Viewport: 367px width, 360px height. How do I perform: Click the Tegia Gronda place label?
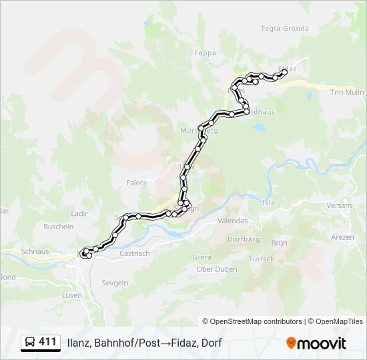pos(285,28)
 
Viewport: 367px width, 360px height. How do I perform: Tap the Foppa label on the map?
pos(205,53)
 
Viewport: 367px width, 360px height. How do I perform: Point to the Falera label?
pos(136,182)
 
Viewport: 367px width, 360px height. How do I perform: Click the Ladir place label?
pos(79,213)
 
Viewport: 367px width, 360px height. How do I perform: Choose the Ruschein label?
pos(59,227)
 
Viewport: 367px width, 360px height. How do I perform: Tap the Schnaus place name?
pos(35,251)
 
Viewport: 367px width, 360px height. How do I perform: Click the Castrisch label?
pos(134,253)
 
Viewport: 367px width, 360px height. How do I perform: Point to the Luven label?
pos(71,295)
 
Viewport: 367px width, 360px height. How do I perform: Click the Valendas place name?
pos(233,221)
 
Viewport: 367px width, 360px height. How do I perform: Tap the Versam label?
pos(340,205)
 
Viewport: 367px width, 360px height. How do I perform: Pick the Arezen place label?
pos(342,237)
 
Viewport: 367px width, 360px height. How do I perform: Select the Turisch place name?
pos(261,259)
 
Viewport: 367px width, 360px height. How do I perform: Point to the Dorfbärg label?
pos(243,239)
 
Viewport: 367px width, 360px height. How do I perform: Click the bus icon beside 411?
pos(29,343)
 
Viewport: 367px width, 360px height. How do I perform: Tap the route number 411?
pos(47,342)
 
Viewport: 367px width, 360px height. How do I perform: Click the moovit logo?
pos(316,343)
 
